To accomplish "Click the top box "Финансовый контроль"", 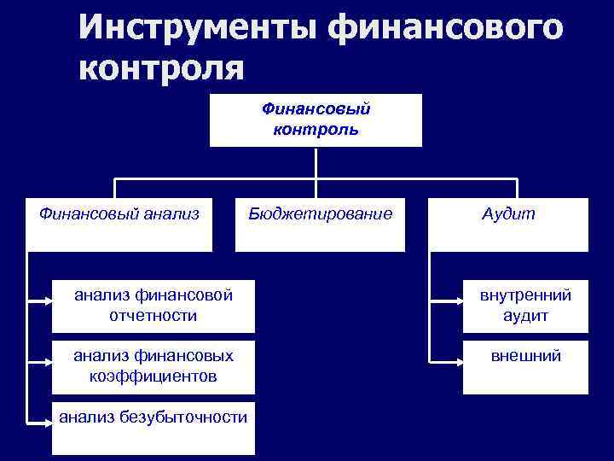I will point(316,120).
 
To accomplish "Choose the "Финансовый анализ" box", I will point(119,224).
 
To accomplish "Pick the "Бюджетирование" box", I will point(321,224).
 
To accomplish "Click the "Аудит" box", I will point(508,224).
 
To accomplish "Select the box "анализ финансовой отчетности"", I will point(153,306).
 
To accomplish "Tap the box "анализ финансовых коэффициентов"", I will point(153,365).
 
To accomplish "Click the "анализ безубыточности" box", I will point(153,427).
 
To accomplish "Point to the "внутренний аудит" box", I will point(525,306).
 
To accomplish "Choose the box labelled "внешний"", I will point(525,367).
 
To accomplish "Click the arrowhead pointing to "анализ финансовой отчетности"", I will point(47,301).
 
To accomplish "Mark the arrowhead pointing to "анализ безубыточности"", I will point(47,420).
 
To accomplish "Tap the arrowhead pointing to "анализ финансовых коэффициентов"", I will point(47,358).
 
